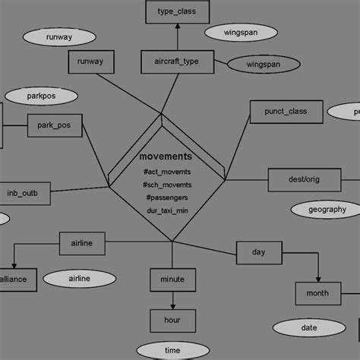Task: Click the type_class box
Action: [x=176, y=12]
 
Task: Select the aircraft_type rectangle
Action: [x=176, y=62]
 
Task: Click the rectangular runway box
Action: [x=90, y=62]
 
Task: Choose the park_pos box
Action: [x=54, y=125]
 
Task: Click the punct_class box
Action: [x=286, y=112]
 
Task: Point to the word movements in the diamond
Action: [x=166, y=156]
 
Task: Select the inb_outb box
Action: [x=27, y=194]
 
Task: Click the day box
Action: [x=258, y=251]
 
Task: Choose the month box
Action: [x=318, y=293]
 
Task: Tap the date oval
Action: [x=308, y=328]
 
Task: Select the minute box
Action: [x=172, y=279]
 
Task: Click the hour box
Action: [x=172, y=321]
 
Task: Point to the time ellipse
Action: [x=172, y=350]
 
